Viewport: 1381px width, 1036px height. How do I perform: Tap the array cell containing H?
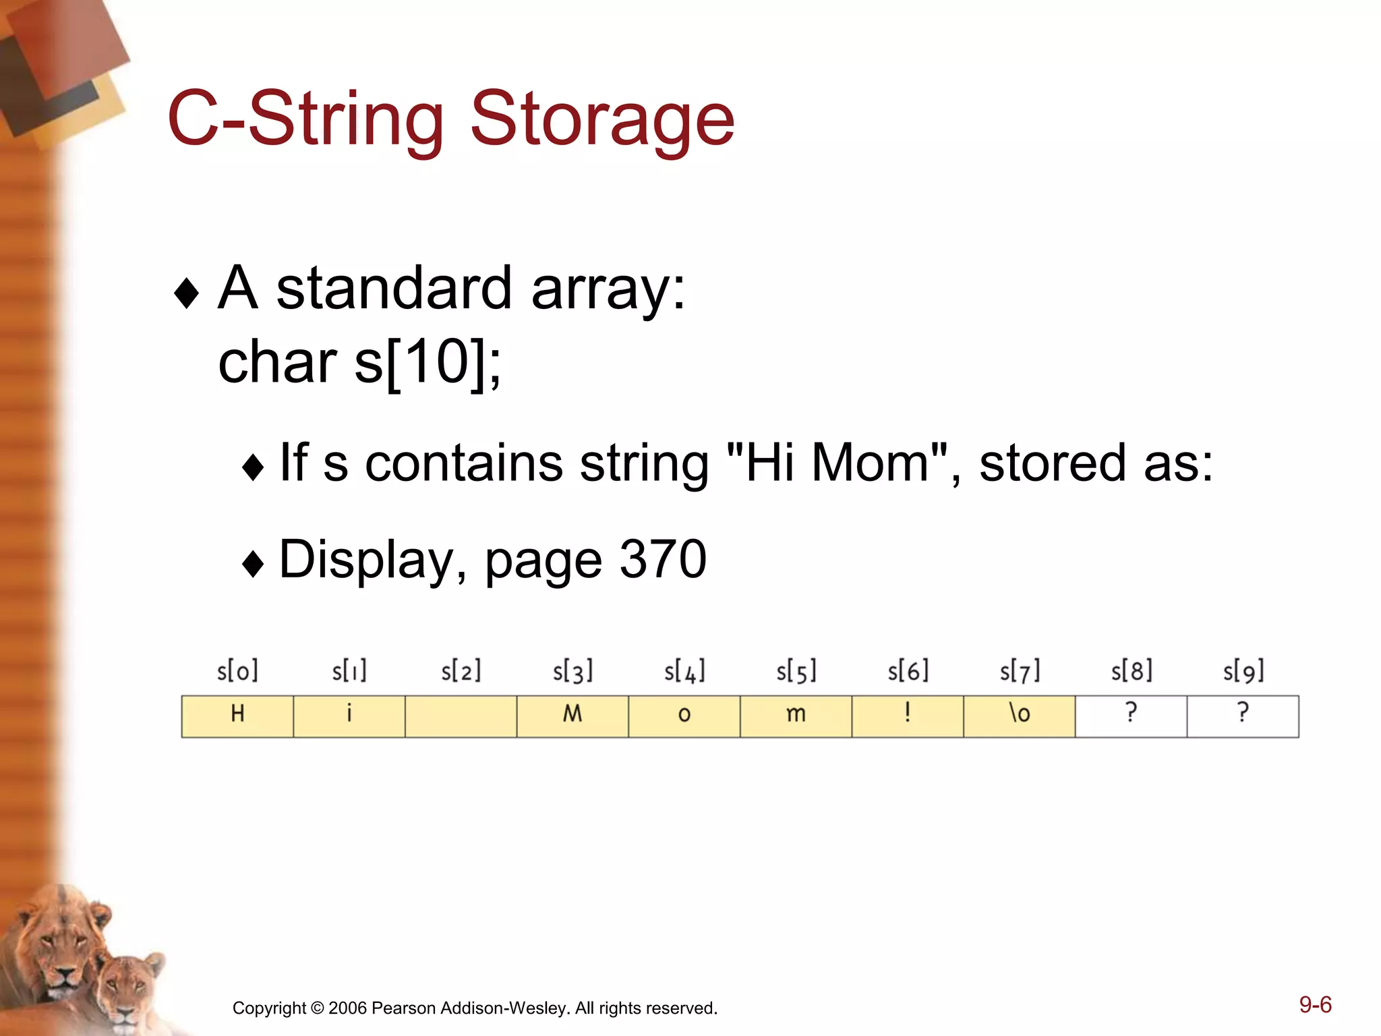(237, 716)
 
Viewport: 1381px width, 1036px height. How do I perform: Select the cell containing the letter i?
(349, 716)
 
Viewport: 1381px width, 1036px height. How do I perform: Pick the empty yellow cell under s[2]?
(461, 716)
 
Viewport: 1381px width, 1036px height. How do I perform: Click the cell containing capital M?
(572, 716)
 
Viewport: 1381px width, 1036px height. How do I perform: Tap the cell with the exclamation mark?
(908, 716)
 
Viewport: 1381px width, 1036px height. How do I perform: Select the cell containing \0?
(1019, 716)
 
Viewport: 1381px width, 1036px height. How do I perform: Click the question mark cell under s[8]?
(1131, 716)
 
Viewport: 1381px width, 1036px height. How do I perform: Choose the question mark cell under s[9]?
(1243, 716)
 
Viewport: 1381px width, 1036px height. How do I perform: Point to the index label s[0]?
(237, 671)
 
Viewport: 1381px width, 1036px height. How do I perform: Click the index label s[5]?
(796, 671)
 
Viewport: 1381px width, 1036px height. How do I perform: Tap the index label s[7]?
(1020, 671)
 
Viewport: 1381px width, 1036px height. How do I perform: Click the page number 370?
(663, 559)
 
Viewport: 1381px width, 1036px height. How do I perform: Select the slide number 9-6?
(1315, 1004)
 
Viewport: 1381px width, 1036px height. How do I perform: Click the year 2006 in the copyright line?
(347, 1008)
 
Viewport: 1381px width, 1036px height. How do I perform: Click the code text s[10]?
(428, 362)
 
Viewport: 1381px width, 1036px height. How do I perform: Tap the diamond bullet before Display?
(253, 563)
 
